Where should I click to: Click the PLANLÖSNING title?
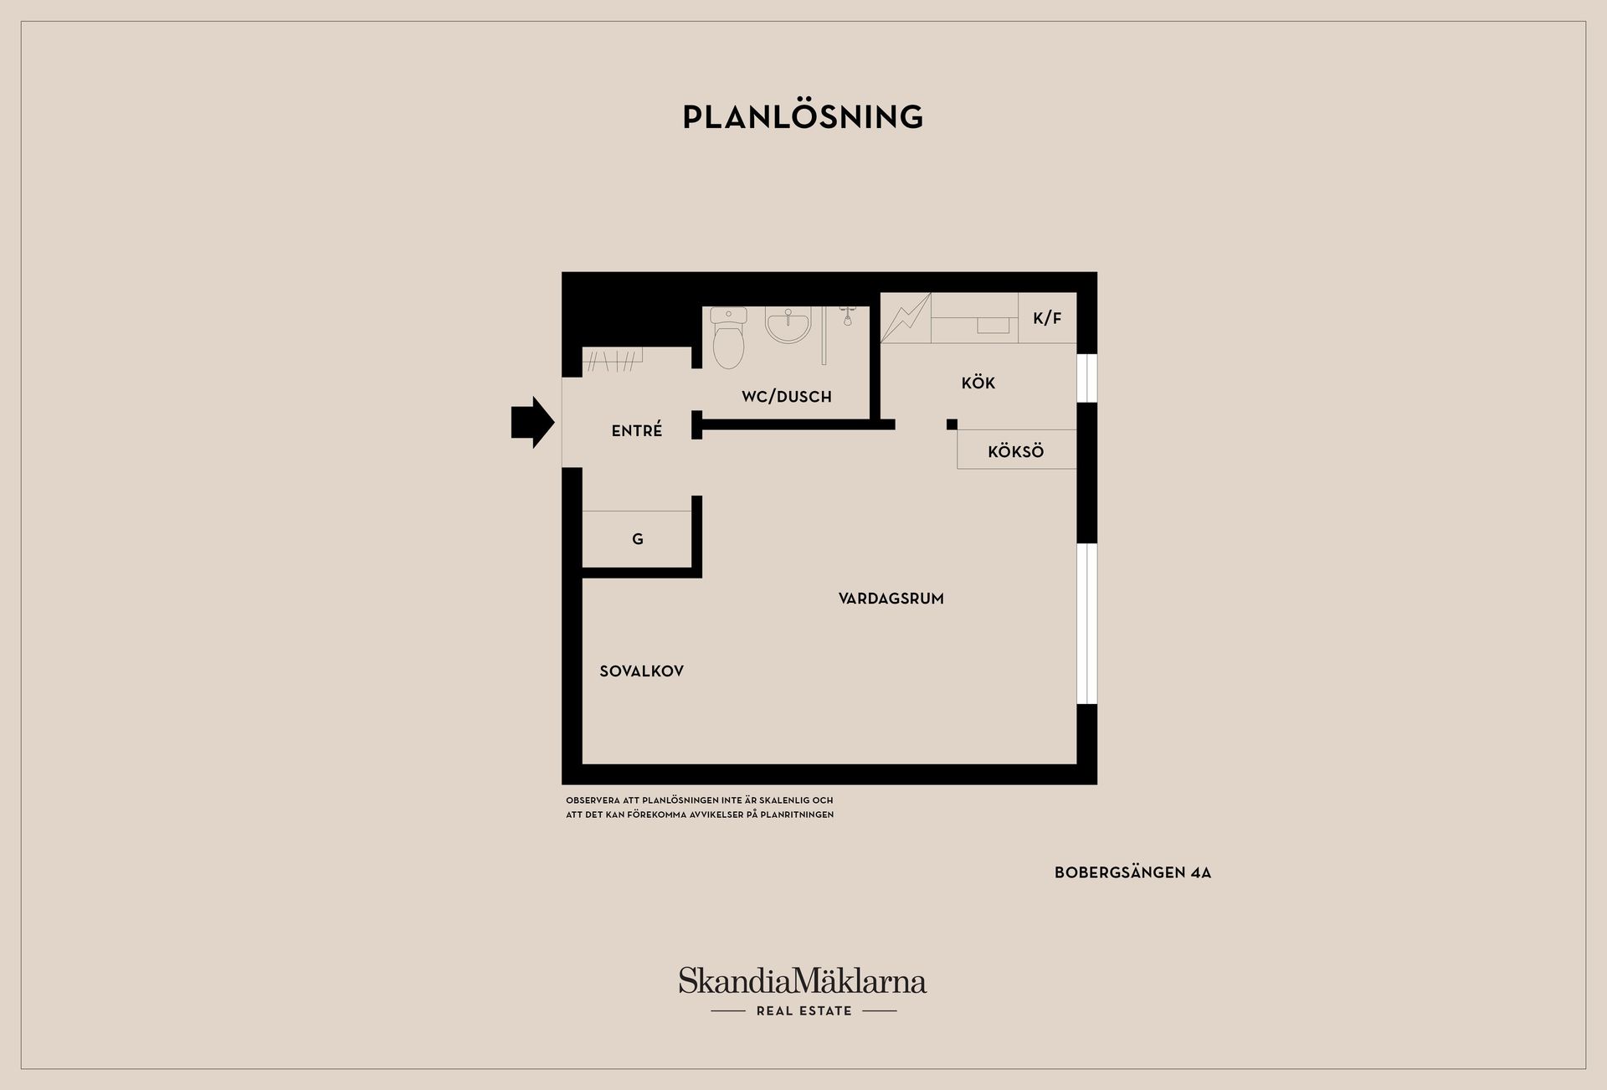point(803,117)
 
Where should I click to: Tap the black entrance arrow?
point(533,422)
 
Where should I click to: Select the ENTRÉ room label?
point(637,430)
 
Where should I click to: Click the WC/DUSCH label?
point(787,397)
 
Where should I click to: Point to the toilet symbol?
point(728,338)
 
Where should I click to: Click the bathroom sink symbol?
point(788,325)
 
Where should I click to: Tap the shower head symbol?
point(847,316)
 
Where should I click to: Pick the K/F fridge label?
point(1047,318)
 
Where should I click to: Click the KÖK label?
point(978,383)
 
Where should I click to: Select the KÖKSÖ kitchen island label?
point(1016,452)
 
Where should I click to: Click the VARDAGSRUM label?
point(891,599)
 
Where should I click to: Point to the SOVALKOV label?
point(642,671)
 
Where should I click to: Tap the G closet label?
point(638,539)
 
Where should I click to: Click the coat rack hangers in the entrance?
point(613,361)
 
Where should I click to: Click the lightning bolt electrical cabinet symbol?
point(906,318)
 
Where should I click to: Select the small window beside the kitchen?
point(1086,378)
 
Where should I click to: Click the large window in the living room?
point(1086,624)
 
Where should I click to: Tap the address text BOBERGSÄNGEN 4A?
point(1133,872)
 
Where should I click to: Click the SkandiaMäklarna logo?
point(803,980)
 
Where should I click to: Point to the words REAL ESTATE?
point(804,1011)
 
